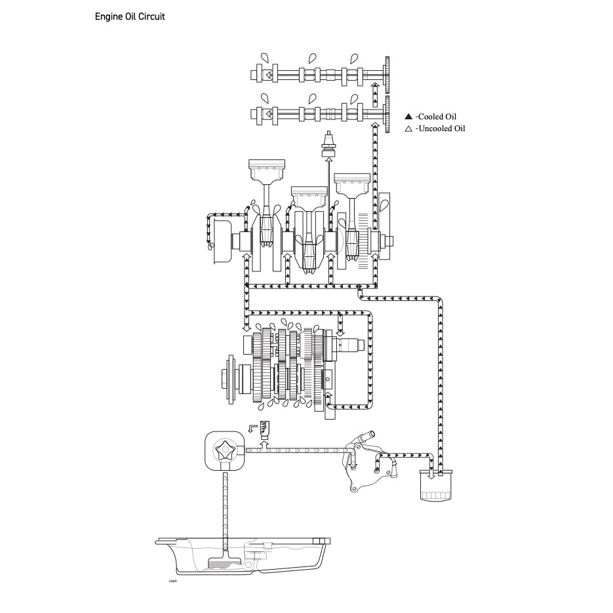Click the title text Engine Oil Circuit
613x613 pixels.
tap(130, 16)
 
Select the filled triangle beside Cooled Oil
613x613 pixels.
tap(408, 116)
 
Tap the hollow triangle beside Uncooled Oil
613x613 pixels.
tap(408, 129)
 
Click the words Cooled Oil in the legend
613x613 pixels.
tap(441, 116)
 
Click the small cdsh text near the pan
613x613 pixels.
tap(173, 580)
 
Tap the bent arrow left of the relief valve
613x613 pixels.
tap(253, 427)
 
